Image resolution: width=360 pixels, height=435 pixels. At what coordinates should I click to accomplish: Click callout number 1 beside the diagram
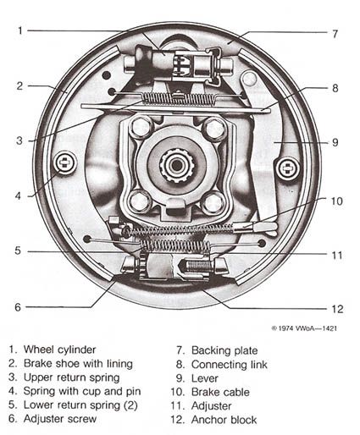[19, 31]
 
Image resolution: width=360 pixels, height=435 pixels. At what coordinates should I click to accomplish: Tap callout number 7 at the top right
[335, 34]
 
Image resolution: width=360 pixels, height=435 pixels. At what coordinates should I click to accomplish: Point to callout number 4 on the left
[18, 196]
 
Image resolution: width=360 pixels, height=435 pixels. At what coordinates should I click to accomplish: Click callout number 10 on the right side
[336, 201]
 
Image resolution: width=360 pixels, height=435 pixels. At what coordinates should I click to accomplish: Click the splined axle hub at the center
[177, 164]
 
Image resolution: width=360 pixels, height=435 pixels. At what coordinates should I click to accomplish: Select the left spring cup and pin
[63, 162]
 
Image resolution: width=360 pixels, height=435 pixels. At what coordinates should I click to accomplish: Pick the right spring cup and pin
[288, 168]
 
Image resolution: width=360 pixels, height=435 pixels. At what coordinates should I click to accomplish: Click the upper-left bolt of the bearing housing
[141, 128]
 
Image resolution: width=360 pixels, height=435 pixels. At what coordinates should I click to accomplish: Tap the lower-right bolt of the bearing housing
[213, 201]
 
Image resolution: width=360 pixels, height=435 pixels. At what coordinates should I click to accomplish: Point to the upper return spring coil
[179, 99]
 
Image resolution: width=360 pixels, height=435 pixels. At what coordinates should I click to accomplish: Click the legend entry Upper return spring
[71, 377]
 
